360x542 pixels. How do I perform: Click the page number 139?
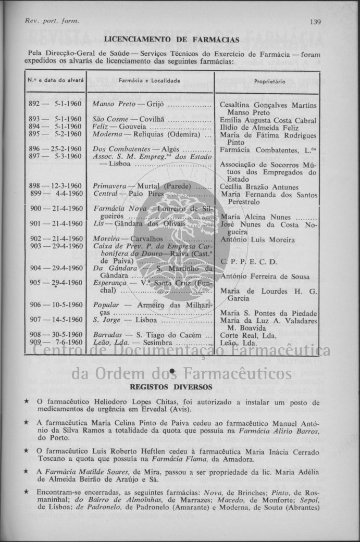pyautogui.click(x=315, y=21)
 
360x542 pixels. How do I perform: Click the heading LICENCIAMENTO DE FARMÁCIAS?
pyautogui.click(x=172, y=40)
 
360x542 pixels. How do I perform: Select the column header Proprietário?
pyautogui.click(x=269, y=82)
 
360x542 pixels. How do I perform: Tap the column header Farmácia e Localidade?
pyautogui.click(x=150, y=81)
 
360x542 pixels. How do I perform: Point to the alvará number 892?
pyautogui.click(x=35, y=105)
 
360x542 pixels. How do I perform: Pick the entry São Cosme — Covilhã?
pyautogui.click(x=123, y=120)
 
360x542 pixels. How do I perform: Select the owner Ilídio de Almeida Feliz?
pyautogui.click(x=259, y=128)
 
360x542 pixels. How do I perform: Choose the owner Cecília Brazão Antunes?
pyautogui.click(x=259, y=187)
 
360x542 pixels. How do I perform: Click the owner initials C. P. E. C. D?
pyautogui.click(x=249, y=262)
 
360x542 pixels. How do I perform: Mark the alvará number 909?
pyautogui.click(x=35, y=342)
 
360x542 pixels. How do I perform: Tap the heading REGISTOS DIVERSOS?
pyautogui.click(x=171, y=387)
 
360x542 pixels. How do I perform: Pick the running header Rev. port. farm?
pyautogui.click(x=52, y=21)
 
